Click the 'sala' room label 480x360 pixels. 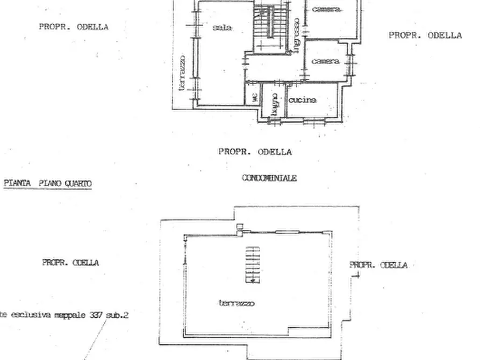tap(222, 27)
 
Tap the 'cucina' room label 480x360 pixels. tap(303, 100)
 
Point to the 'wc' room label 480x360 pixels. tap(254, 98)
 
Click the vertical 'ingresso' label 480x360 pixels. tap(296, 35)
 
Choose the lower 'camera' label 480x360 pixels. tap(326, 61)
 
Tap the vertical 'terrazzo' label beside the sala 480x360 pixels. tap(182, 72)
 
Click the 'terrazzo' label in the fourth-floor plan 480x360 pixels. tap(237, 303)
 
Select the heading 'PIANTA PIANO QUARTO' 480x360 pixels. tap(48, 183)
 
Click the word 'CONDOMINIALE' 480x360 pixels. tap(269, 178)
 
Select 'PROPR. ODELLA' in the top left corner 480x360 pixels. tap(74, 26)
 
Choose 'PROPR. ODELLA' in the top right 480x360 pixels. tap(425, 35)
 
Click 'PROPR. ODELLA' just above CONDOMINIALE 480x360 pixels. tap(255, 152)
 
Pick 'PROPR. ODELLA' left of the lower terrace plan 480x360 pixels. tap(70, 263)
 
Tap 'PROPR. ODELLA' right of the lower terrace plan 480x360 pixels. tap(378, 265)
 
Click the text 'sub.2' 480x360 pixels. tap(117, 315)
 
